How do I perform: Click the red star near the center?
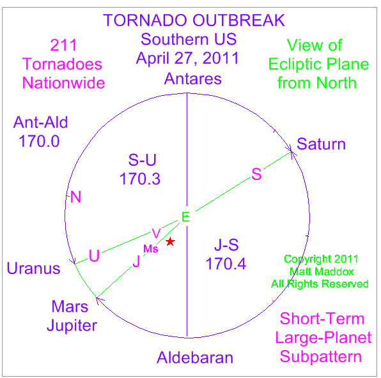pyautogui.click(x=170, y=241)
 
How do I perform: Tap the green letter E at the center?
pyautogui.click(x=185, y=217)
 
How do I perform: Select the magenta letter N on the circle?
pyautogui.click(x=75, y=197)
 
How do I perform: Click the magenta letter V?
pyautogui.click(x=156, y=234)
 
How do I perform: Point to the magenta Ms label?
pyautogui.click(x=151, y=249)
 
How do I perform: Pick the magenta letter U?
pyautogui.click(x=94, y=255)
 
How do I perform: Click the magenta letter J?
pyautogui.click(x=137, y=261)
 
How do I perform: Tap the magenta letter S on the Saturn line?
pyautogui.click(x=256, y=174)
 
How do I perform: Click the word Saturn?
pyautogui.click(x=321, y=144)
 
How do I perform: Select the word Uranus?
pyautogui.click(x=33, y=269)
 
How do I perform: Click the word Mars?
pyautogui.click(x=70, y=306)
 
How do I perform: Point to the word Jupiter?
pyautogui.click(x=72, y=326)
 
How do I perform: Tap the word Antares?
pyautogui.click(x=193, y=79)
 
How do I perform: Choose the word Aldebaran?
pyautogui.click(x=195, y=358)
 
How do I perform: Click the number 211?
pyautogui.click(x=63, y=45)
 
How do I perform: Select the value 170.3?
pyautogui.click(x=140, y=179)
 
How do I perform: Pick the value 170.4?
pyautogui.click(x=226, y=264)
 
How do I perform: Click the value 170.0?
pyautogui.click(x=39, y=141)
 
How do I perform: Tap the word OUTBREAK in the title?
pyautogui.click(x=238, y=20)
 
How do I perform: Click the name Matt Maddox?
pyautogui.click(x=322, y=271)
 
